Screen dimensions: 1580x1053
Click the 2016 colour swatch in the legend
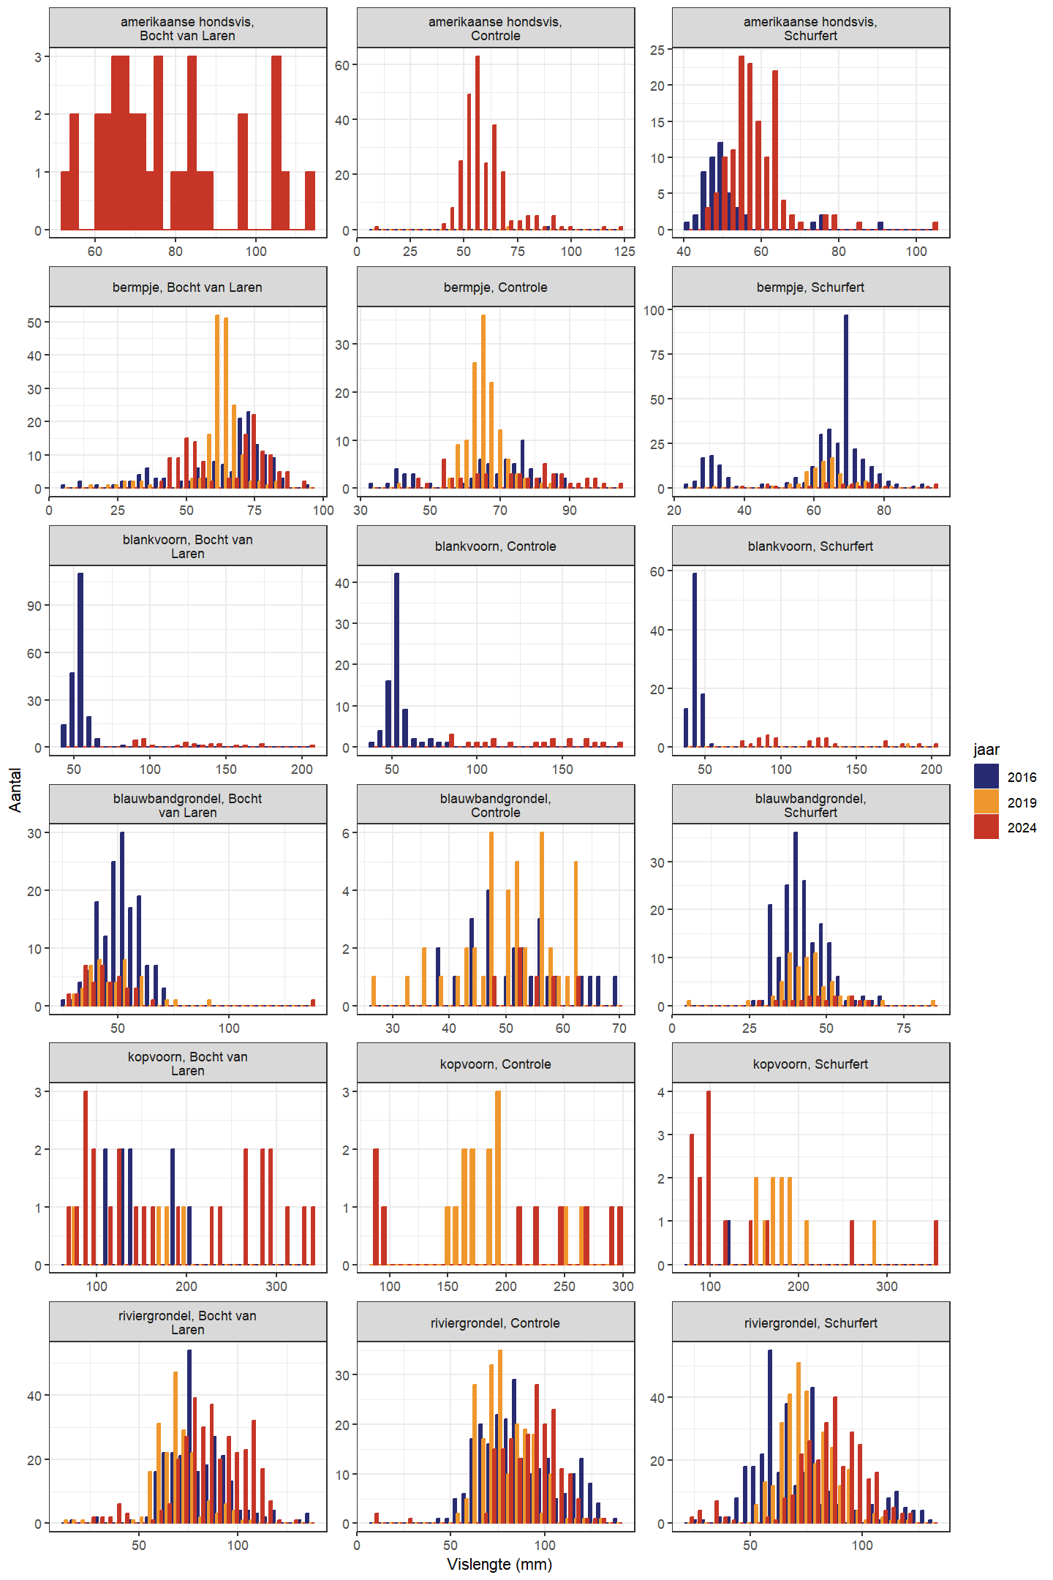coord(986,776)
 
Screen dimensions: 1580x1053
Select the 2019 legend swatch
coord(986,802)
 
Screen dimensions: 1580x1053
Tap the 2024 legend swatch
coord(986,827)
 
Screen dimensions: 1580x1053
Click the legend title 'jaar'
coord(986,749)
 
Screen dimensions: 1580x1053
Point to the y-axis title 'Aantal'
coord(15,790)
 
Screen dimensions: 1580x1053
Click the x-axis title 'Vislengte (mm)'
coord(499,1564)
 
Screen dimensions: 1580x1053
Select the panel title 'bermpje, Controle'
coord(495,287)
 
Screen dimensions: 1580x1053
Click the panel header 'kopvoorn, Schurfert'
coord(810,1064)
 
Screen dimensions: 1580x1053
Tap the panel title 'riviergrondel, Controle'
coord(495,1323)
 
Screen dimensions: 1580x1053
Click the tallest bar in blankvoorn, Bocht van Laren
coord(80,658)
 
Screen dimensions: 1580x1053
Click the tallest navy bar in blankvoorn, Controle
coord(396,658)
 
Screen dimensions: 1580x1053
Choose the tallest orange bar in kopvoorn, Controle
coord(498,1178)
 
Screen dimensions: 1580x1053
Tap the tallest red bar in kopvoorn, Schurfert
coord(708,1178)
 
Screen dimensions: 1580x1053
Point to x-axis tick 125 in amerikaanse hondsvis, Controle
coord(624,251)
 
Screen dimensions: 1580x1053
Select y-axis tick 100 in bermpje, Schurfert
coord(654,310)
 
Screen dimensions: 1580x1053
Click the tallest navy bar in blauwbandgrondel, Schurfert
coord(796,918)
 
